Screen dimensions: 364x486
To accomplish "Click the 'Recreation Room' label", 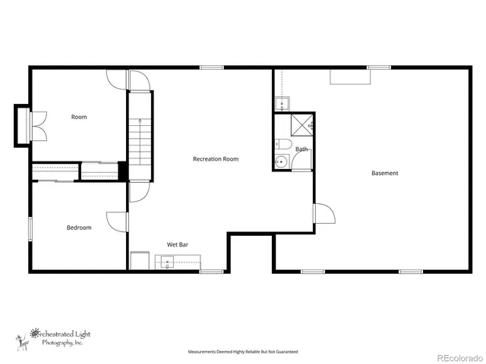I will (216, 159).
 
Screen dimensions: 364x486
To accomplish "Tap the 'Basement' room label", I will (384, 174).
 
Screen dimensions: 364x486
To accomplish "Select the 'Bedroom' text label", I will (79, 227).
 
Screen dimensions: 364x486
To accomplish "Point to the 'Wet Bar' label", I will (178, 245).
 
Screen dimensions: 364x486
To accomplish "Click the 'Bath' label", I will (301, 149).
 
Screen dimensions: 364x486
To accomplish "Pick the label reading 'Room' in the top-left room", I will (79, 117).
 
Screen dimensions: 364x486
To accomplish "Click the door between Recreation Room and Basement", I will (323, 214).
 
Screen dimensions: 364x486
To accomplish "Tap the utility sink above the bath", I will (281, 105).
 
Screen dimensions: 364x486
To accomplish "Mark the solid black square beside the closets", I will (122, 171).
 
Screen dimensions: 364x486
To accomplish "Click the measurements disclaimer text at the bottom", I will (243, 352).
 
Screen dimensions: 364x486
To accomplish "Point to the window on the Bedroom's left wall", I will (30, 229).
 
